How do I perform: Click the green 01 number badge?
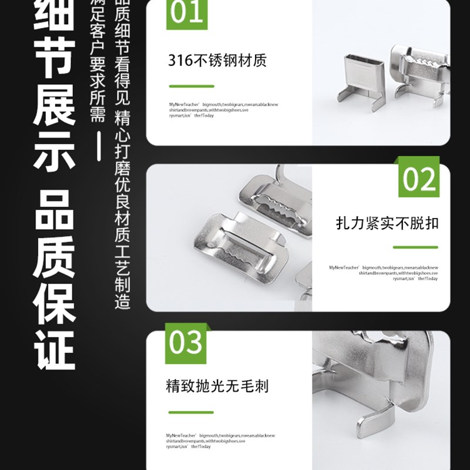(x=187, y=14)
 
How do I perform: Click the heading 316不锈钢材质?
(x=217, y=61)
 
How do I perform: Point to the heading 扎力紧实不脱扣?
(x=387, y=223)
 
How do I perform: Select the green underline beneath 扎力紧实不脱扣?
(x=415, y=247)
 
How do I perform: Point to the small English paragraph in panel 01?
(x=223, y=110)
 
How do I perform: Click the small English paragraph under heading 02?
(x=383, y=273)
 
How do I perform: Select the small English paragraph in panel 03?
(x=220, y=441)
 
